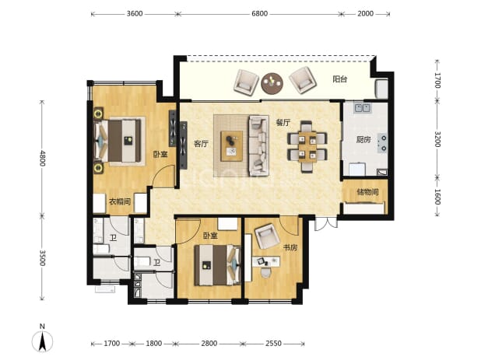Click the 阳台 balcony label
(340, 79)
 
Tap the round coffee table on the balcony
(272, 83)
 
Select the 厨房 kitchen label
(363, 140)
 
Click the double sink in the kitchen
(363, 108)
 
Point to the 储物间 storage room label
(367, 192)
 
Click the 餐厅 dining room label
(283, 123)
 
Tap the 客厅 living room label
(202, 144)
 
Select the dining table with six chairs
(307, 147)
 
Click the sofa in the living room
(258, 145)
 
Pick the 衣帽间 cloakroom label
(120, 201)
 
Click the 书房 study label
(290, 247)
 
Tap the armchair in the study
(267, 236)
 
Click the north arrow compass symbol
(42, 338)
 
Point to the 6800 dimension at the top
(259, 14)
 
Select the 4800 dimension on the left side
(42, 158)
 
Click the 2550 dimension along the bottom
(273, 344)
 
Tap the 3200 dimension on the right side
(437, 139)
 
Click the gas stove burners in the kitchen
(382, 143)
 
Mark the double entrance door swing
(326, 224)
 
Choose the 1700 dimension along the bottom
(111, 344)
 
